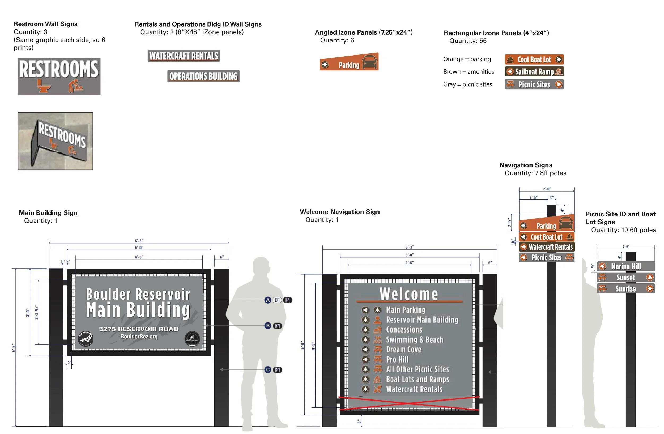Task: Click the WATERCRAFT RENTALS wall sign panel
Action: (184, 56)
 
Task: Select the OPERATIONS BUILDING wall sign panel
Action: (203, 76)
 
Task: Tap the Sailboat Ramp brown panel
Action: (534, 72)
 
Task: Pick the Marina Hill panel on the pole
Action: (626, 266)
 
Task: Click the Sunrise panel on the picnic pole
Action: (626, 288)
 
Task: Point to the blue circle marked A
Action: (268, 300)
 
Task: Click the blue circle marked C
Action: (268, 370)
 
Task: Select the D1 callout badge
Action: (277, 300)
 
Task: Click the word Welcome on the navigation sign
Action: (409, 294)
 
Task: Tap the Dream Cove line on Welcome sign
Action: (403, 350)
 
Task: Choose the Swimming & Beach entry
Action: (414, 340)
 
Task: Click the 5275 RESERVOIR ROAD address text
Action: (139, 329)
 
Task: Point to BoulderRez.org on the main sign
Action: (139, 337)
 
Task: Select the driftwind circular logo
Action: (193, 340)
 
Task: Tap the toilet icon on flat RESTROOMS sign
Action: (44, 86)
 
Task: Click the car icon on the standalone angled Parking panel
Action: (370, 62)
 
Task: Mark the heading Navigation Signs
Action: (526, 165)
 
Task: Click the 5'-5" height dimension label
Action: (14, 348)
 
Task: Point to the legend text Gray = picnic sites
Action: (468, 84)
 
